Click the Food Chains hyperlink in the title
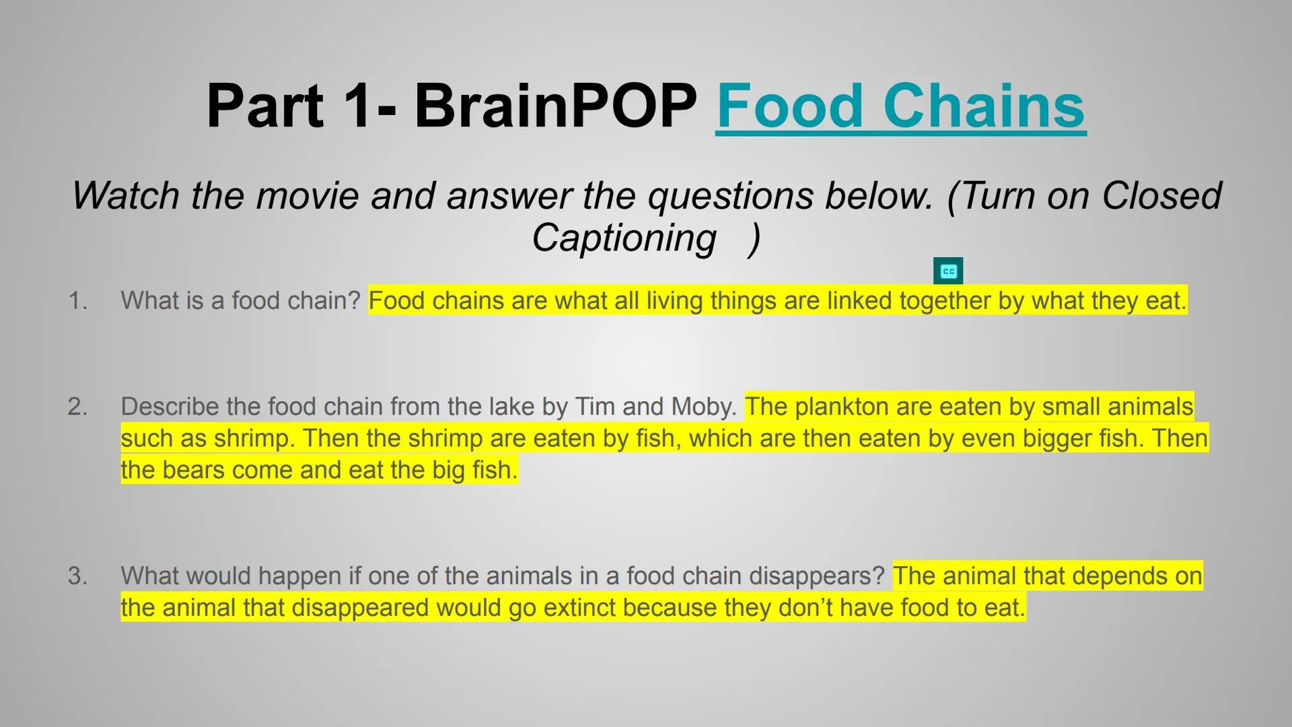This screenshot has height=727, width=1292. point(900,106)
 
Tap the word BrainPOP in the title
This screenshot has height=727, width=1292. point(555,106)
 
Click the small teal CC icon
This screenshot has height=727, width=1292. point(948,271)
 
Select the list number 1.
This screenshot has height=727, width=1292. point(78,301)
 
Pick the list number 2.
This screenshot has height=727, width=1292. point(78,407)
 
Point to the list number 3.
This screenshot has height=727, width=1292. point(78,576)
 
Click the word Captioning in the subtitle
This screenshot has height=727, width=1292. point(624,238)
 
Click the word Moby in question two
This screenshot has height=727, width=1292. point(704,407)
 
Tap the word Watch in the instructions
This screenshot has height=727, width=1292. point(126,196)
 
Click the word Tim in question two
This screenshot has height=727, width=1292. point(595,407)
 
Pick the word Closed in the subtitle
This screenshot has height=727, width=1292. point(1161,196)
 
